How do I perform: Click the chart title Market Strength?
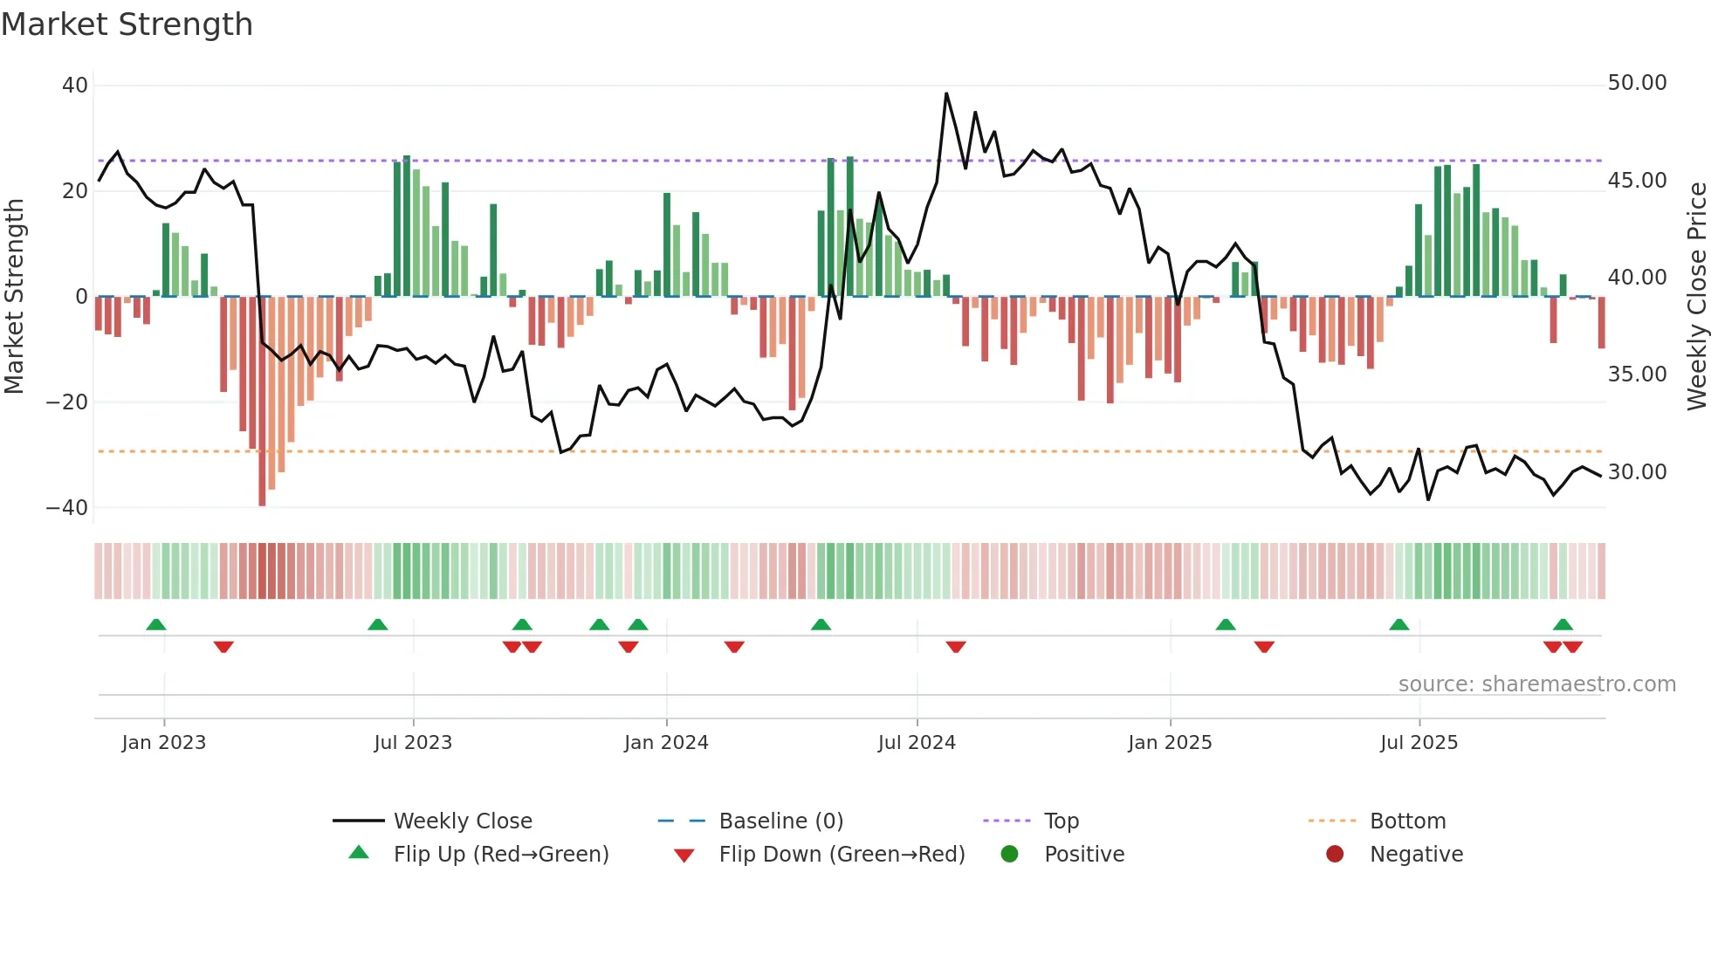click(127, 24)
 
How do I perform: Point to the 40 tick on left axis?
click(75, 86)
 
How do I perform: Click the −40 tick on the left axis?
click(67, 508)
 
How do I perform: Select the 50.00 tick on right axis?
click(1637, 83)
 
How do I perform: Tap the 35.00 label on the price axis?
click(1637, 374)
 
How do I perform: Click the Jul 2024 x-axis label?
click(917, 743)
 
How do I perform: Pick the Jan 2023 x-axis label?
click(164, 743)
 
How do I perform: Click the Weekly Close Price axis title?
click(1696, 297)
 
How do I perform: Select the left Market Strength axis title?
click(15, 297)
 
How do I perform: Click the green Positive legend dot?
click(1010, 855)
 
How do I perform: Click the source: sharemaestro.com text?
click(1536, 684)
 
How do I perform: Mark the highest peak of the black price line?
click(946, 93)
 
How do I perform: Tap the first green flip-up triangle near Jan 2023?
click(156, 625)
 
